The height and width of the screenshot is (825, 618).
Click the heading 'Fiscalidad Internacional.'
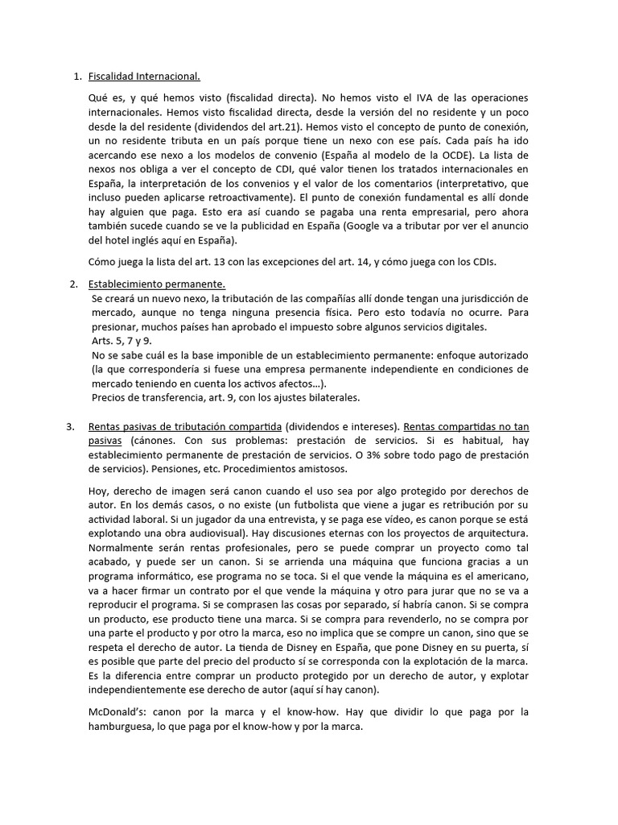coord(144,77)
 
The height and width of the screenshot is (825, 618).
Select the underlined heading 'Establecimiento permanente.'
coord(157,284)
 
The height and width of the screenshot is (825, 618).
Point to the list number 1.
coord(77,77)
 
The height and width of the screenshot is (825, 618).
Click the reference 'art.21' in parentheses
coord(301,128)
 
